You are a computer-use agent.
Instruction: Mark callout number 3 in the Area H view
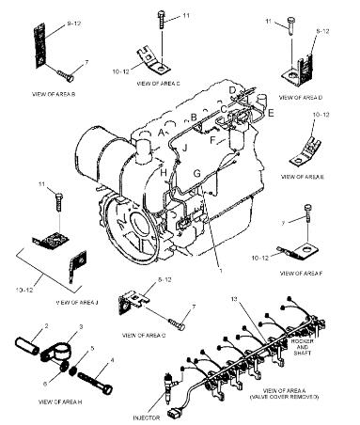(x=81, y=325)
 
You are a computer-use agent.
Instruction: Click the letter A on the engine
(x=163, y=133)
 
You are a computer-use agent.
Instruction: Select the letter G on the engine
(x=196, y=173)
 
